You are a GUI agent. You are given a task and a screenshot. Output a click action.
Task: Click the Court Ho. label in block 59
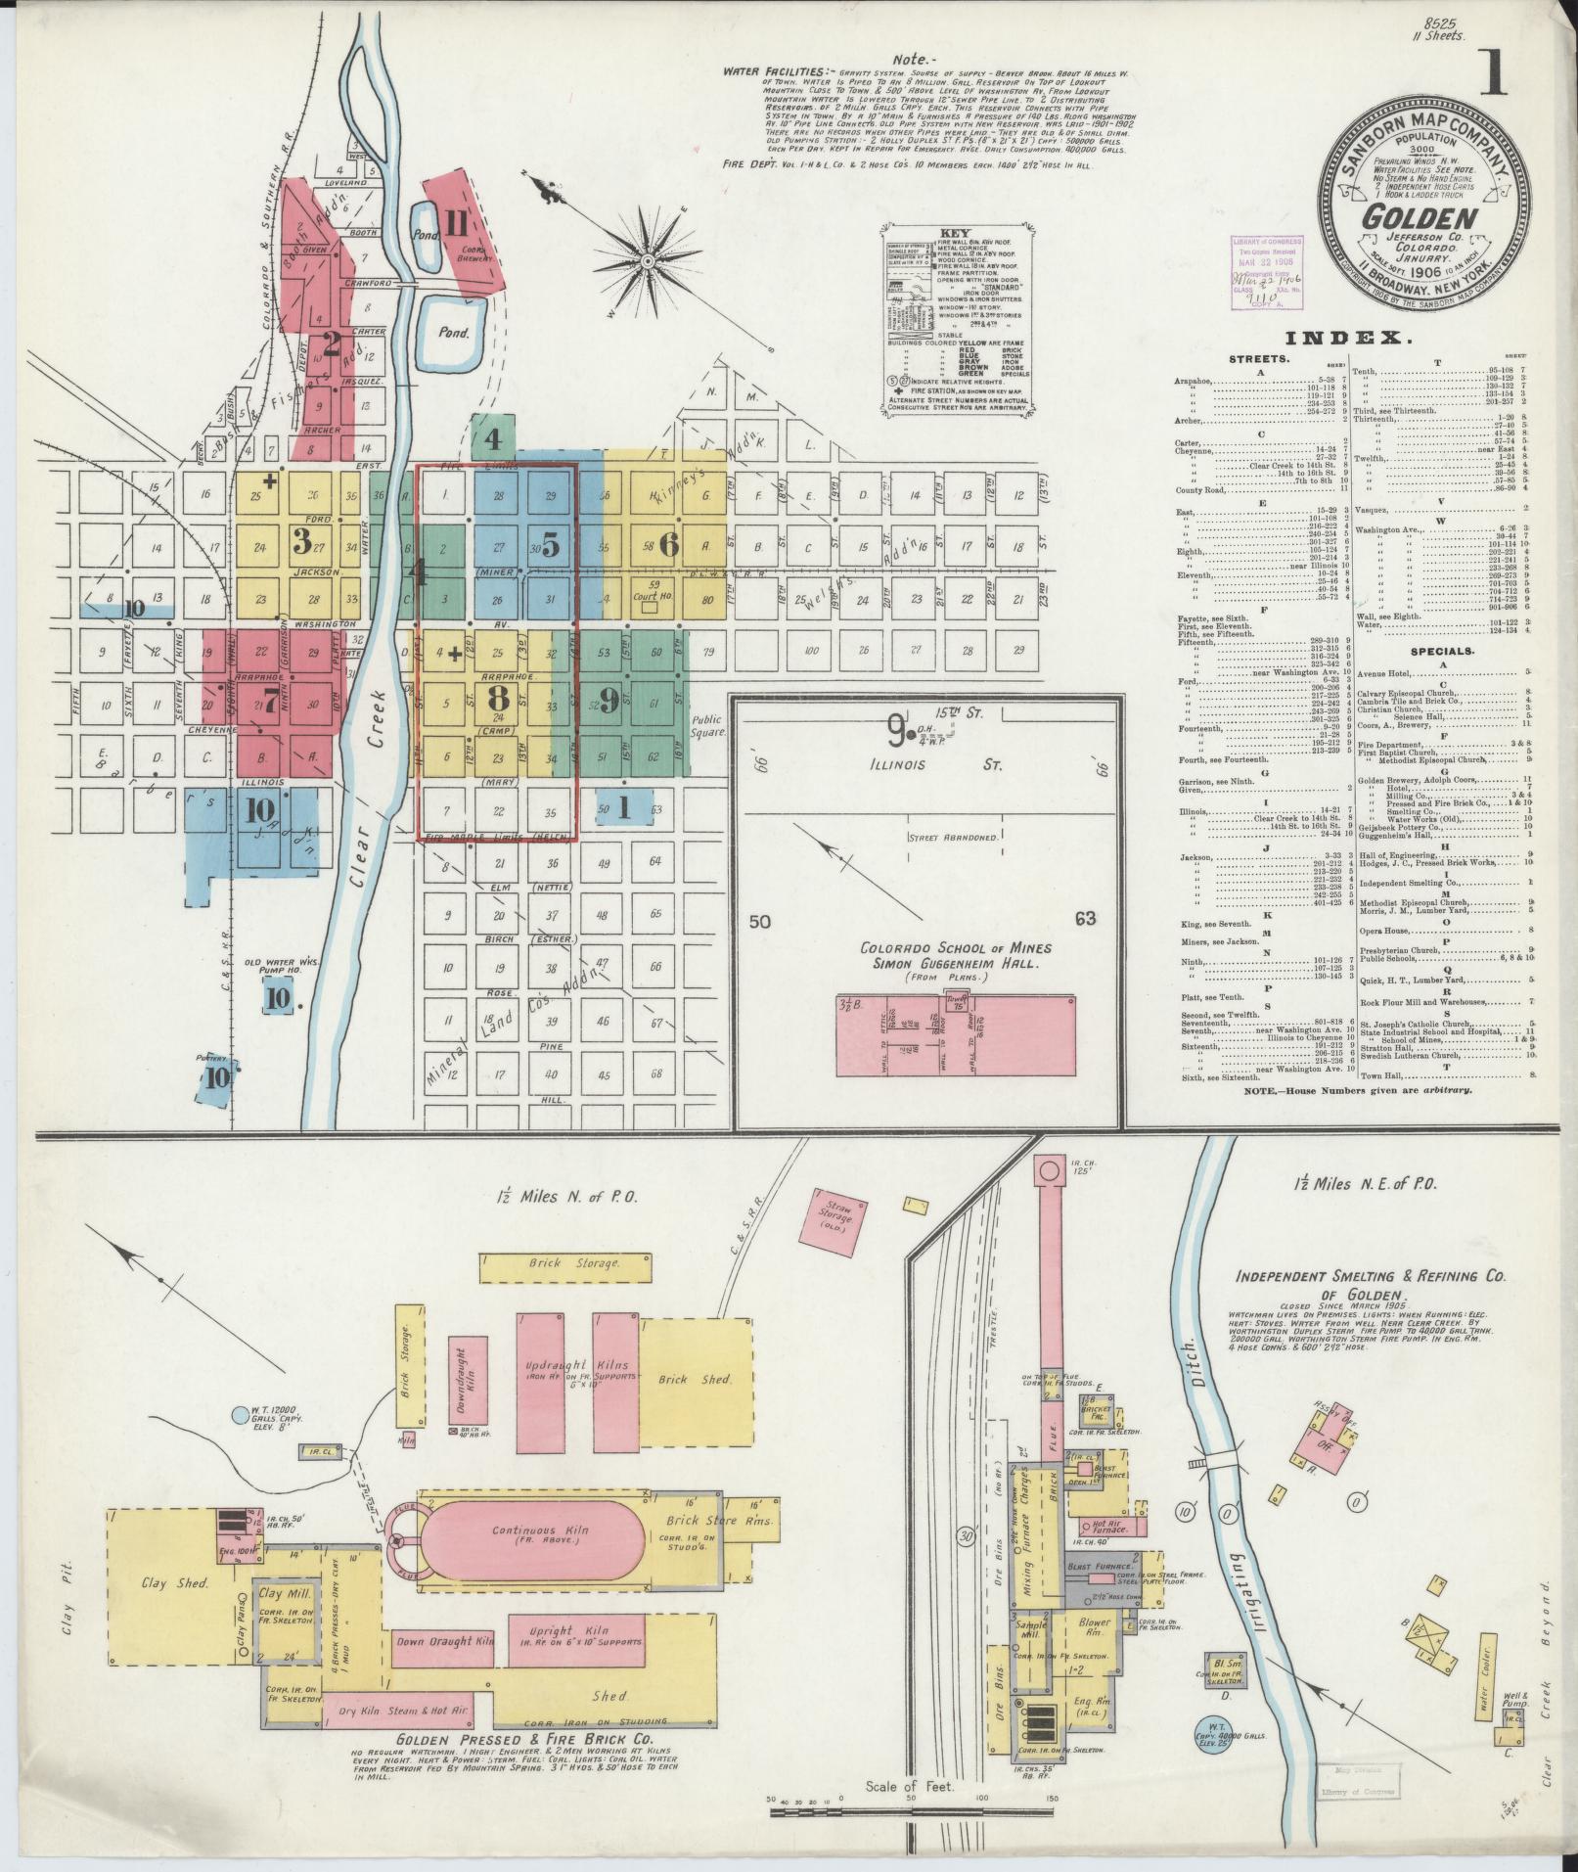tap(649, 592)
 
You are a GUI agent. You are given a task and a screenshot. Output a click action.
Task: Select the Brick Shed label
tap(694, 1378)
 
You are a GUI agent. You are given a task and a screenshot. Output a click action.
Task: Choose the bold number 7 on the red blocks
tap(270, 700)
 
